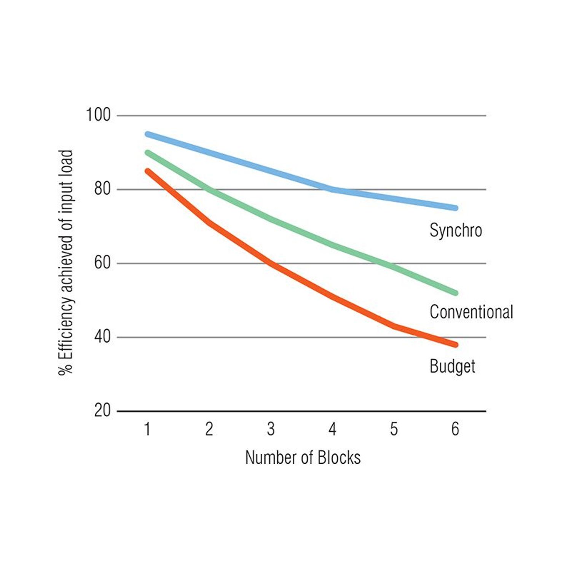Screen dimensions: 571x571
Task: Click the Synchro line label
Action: (456, 231)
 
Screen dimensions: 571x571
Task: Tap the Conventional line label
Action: (471, 312)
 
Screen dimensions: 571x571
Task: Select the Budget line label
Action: (452, 367)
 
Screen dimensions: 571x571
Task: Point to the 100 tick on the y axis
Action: (98, 115)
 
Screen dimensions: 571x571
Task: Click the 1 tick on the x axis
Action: (147, 429)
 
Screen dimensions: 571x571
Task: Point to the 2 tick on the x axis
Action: (209, 429)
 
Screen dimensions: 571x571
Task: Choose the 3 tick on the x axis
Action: (271, 429)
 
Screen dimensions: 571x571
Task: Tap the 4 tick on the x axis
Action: (332, 429)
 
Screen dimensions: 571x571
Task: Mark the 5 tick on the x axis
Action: (394, 429)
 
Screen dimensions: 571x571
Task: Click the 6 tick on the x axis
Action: (455, 429)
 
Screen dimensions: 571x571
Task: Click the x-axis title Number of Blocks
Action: (303, 458)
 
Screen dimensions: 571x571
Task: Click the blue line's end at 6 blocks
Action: (455, 208)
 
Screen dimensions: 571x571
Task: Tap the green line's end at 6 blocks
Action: (455, 293)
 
